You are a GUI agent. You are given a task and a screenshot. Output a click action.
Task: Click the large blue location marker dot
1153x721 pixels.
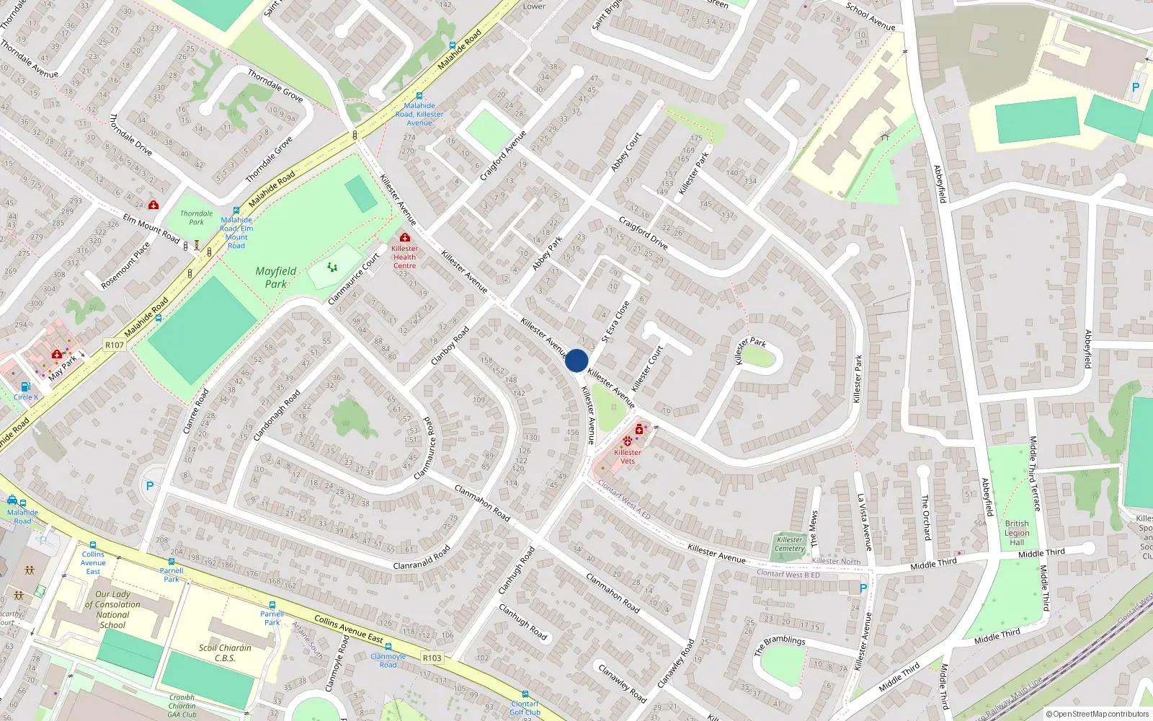point(576,360)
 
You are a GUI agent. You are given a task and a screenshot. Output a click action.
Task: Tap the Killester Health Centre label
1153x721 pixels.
point(404,257)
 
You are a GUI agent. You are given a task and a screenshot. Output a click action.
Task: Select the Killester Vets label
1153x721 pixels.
point(628,456)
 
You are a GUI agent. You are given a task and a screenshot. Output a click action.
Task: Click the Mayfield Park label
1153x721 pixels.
point(276,278)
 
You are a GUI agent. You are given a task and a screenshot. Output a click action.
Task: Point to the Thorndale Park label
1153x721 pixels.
point(196,218)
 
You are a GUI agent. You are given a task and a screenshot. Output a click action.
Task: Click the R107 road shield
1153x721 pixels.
point(115,345)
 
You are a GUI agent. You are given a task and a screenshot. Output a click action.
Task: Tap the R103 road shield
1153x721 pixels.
point(432,658)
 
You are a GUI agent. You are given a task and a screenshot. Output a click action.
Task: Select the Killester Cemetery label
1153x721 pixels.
point(790,544)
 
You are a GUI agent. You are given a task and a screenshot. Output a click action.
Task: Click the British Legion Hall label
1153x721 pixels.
point(1017,533)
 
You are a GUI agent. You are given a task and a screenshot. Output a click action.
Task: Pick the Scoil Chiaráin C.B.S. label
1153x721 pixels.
point(225,653)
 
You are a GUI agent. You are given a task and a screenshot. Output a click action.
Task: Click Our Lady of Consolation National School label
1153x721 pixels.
point(112,610)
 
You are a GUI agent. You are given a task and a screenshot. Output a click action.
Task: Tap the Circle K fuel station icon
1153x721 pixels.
point(26,387)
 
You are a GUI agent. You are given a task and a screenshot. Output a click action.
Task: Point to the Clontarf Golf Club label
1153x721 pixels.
point(525,708)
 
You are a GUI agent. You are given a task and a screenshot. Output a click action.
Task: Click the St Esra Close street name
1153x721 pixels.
point(616,322)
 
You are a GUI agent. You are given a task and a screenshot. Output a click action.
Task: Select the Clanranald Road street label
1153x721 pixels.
point(422,557)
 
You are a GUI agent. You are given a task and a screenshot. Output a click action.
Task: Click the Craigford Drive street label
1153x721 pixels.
point(644,232)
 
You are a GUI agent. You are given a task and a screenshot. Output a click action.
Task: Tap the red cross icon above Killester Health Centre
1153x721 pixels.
point(404,237)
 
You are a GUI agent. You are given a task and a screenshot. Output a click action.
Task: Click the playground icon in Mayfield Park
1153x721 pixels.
point(332,267)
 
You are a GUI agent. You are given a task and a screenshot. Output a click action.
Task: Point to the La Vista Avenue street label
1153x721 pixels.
point(864,522)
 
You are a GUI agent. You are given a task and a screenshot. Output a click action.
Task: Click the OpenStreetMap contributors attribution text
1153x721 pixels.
point(1097,715)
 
